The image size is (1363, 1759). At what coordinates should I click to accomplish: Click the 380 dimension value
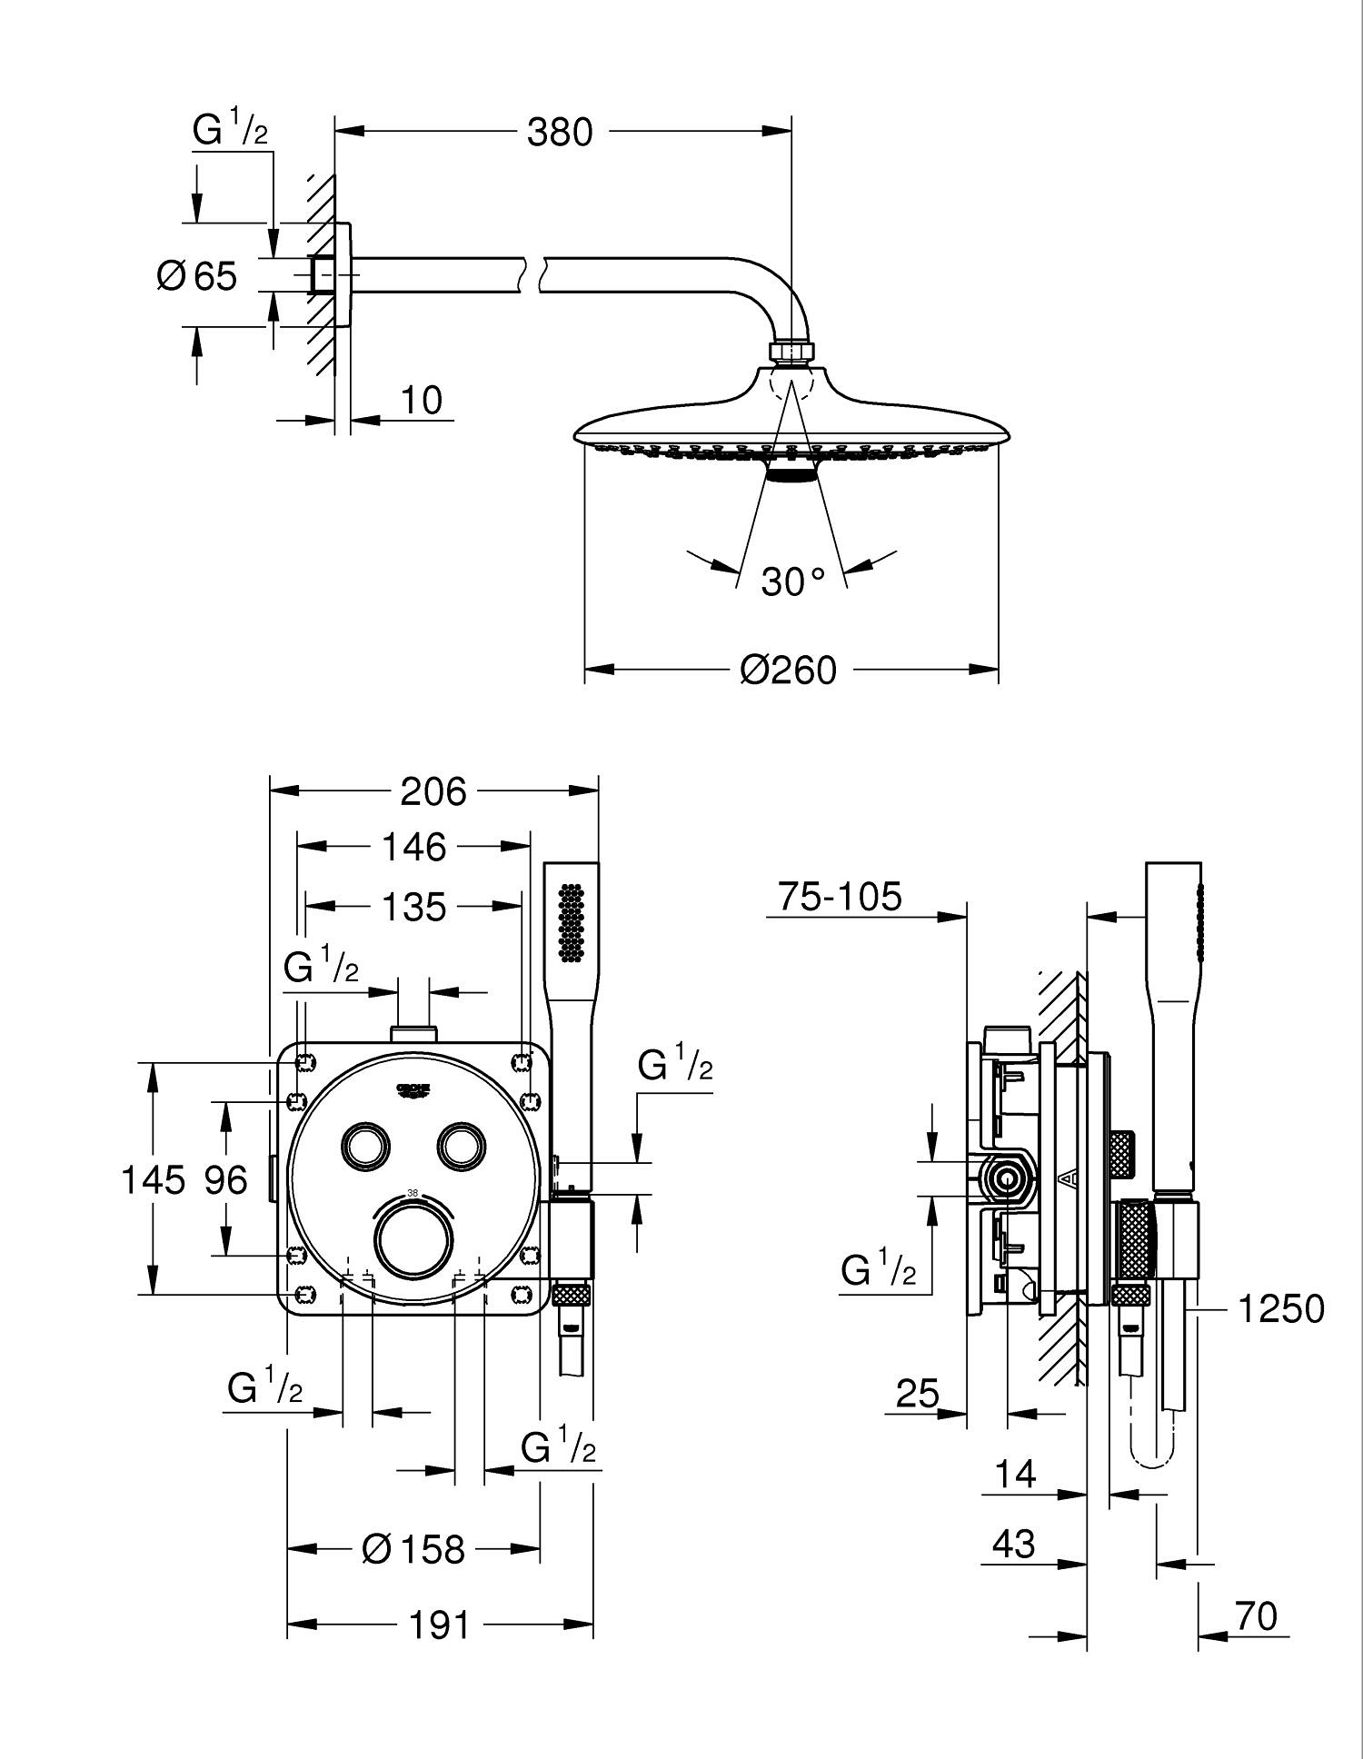[560, 133]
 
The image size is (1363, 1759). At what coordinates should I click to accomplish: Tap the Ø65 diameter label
[197, 275]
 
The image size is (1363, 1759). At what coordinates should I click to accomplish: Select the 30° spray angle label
[792, 581]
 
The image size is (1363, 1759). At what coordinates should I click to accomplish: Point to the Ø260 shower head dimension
[788, 671]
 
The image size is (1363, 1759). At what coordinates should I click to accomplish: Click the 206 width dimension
[433, 791]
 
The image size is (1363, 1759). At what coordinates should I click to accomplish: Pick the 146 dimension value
[413, 848]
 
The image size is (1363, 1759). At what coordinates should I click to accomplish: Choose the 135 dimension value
[413, 907]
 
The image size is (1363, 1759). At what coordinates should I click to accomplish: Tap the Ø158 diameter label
[413, 1549]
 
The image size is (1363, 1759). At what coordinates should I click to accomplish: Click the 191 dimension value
[439, 1625]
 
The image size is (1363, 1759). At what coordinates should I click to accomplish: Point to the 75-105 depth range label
[840, 897]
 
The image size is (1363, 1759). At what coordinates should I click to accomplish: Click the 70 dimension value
[1256, 1616]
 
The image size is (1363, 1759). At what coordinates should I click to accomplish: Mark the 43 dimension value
[1014, 1544]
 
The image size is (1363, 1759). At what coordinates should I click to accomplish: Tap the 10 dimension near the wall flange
[420, 401]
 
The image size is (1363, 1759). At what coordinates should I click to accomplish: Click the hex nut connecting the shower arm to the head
[792, 352]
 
